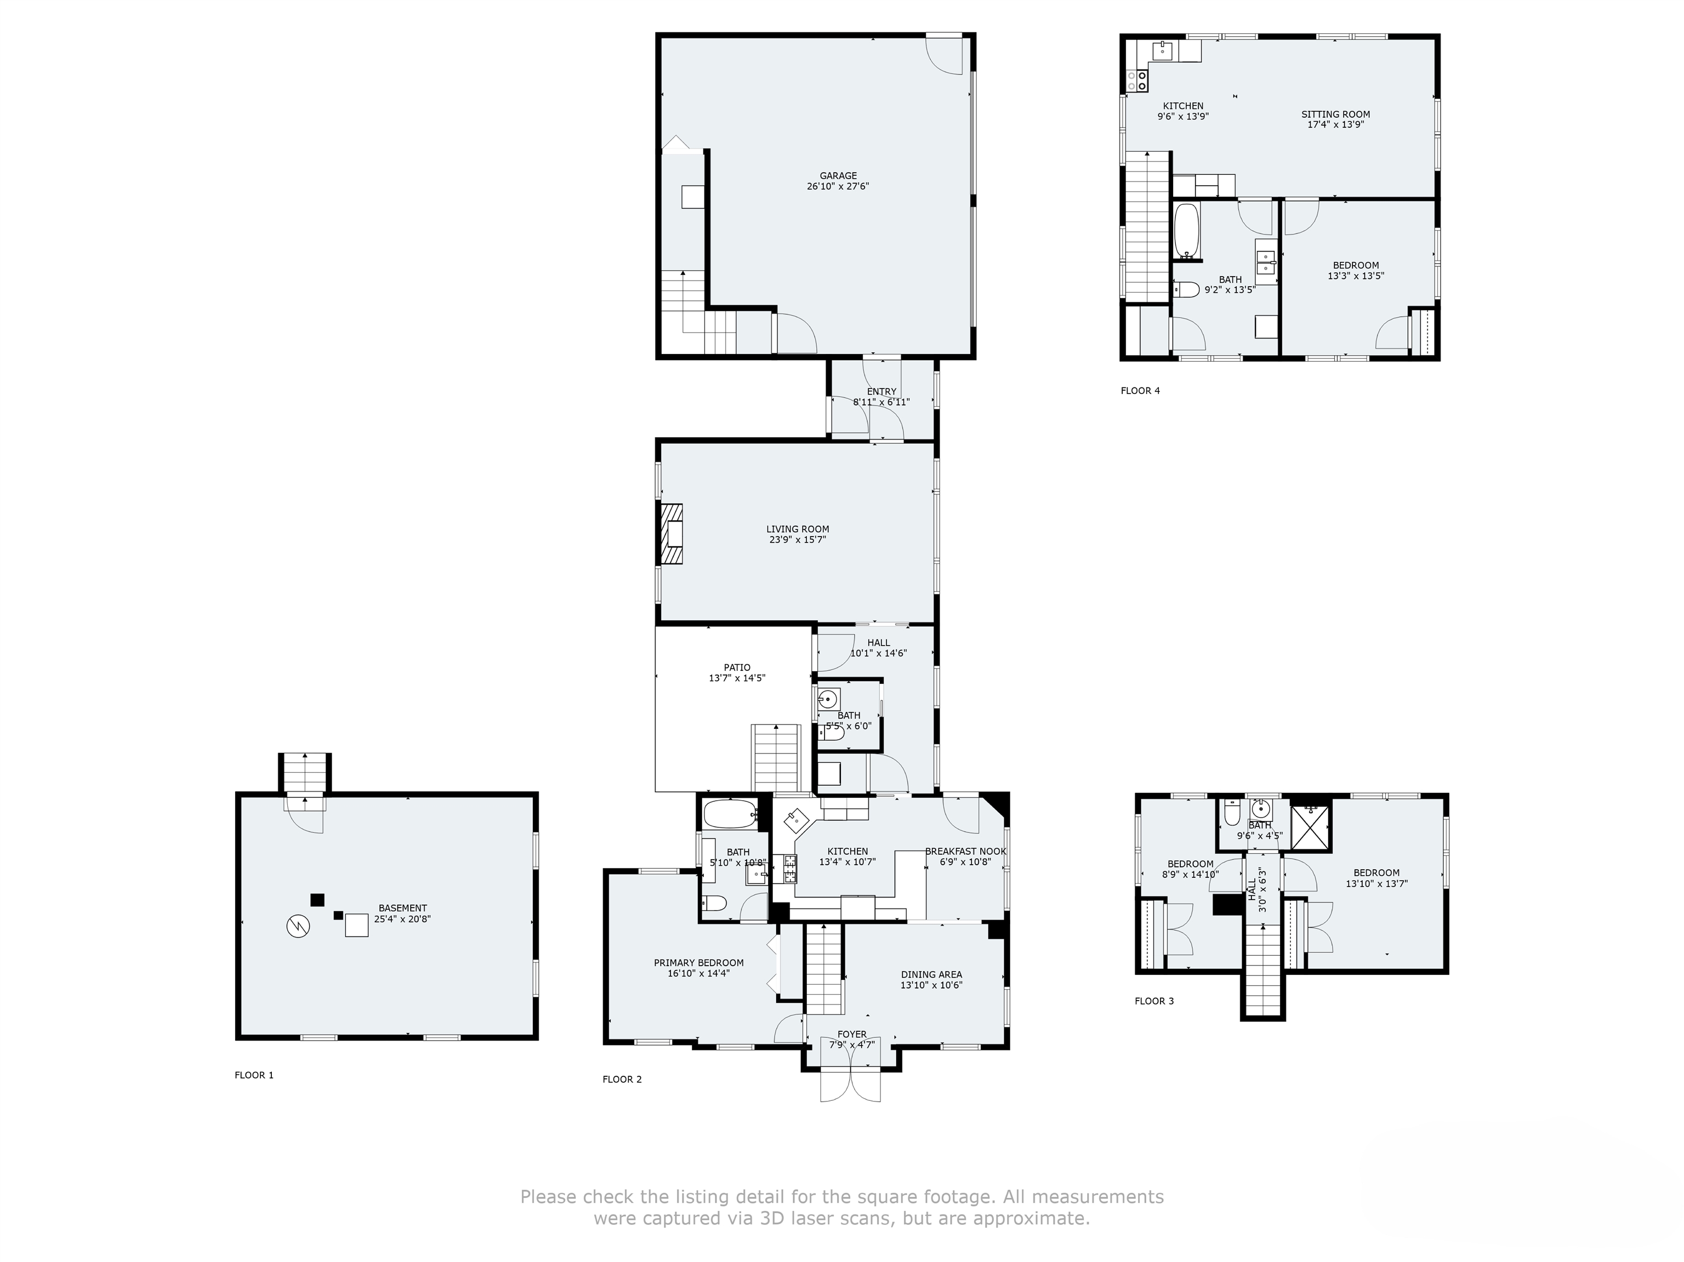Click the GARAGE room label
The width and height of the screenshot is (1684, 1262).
(838, 176)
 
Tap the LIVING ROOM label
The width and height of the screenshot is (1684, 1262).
(797, 529)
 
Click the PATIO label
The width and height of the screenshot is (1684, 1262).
(736, 667)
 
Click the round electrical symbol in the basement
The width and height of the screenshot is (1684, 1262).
(298, 926)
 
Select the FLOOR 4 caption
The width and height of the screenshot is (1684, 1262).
(1140, 391)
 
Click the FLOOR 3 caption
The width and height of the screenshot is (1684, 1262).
(1154, 1001)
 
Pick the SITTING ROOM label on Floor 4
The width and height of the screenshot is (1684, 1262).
(1335, 114)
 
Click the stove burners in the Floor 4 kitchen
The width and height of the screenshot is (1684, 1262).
(1137, 81)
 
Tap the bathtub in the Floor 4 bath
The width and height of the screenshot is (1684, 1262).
(1186, 230)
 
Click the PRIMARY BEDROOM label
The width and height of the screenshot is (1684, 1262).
(699, 963)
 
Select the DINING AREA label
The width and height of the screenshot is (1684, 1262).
(931, 974)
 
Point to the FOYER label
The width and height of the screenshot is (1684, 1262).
(852, 1035)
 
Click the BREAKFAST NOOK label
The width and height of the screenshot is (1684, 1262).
(965, 852)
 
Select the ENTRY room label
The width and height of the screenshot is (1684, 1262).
(881, 392)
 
